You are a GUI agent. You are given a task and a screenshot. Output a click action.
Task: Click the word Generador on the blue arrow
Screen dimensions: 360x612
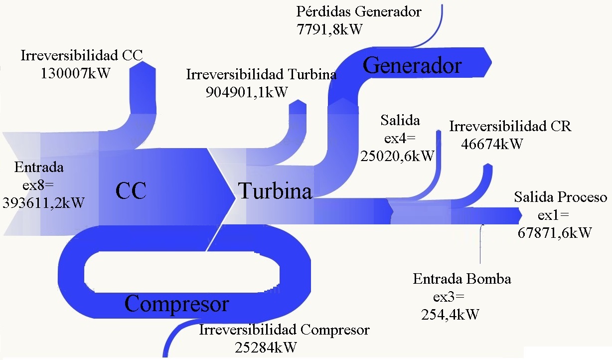click(x=412, y=65)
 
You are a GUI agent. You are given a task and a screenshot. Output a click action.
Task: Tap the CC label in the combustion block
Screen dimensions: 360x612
click(x=131, y=190)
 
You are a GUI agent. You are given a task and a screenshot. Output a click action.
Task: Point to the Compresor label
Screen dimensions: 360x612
click(x=176, y=303)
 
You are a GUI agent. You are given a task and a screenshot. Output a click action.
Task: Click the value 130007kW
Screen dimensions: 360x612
click(x=75, y=73)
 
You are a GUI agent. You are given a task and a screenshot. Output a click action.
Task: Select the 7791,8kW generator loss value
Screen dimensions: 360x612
click(x=329, y=29)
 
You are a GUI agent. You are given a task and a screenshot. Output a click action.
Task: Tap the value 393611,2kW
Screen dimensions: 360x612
click(x=43, y=202)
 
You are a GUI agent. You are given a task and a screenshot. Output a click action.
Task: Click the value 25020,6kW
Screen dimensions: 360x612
click(x=397, y=156)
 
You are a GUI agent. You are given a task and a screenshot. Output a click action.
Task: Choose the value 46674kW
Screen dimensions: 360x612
click(x=493, y=144)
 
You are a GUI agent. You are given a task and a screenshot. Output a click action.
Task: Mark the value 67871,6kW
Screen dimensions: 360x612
click(x=555, y=232)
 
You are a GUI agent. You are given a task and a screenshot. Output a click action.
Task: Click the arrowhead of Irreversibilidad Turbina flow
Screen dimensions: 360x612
click(x=298, y=102)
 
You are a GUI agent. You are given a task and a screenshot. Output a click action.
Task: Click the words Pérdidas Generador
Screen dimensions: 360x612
click(x=359, y=11)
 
